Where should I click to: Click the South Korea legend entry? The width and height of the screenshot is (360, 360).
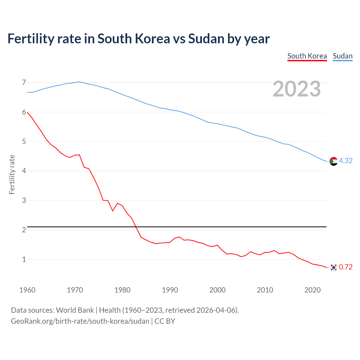pyautogui.click(x=307, y=56)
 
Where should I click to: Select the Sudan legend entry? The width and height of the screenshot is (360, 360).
pyautogui.click(x=343, y=56)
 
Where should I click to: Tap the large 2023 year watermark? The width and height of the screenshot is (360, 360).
pyautogui.click(x=297, y=89)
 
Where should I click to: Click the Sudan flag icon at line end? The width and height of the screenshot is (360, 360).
pyautogui.click(x=333, y=161)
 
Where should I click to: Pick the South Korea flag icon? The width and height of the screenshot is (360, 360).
pyautogui.click(x=333, y=267)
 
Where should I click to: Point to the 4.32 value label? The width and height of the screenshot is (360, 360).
pyautogui.click(x=346, y=161)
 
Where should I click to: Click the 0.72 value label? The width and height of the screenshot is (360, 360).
pyautogui.click(x=346, y=267)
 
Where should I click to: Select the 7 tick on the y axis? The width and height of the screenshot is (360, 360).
pyautogui.click(x=24, y=82)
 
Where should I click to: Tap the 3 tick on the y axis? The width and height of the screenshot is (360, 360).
pyautogui.click(x=24, y=200)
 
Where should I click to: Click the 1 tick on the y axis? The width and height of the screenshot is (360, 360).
pyautogui.click(x=24, y=259)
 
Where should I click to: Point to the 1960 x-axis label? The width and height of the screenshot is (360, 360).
pyautogui.click(x=27, y=290)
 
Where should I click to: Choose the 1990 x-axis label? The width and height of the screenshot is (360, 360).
pyautogui.click(x=170, y=290)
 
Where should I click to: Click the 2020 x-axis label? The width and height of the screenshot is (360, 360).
pyautogui.click(x=312, y=290)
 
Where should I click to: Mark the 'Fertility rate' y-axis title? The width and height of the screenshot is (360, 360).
pyautogui.click(x=12, y=174)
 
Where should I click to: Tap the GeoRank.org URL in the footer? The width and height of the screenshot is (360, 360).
pyautogui.click(x=80, y=321)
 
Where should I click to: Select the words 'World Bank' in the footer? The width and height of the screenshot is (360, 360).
pyautogui.click(x=75, y=310)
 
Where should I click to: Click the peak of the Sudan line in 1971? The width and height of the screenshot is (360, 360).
pyautogui.click(x=79, y=82)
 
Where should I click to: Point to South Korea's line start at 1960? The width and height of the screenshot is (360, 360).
pyautogui.click(x=27, y=112)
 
